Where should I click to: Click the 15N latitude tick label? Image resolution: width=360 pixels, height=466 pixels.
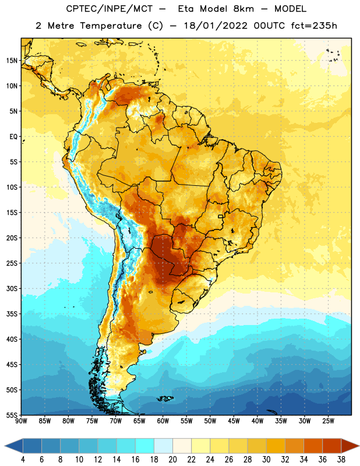point(12,61)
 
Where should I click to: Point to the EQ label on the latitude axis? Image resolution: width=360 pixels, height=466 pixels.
point(13,137)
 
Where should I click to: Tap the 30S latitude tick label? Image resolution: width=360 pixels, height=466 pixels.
point(12,288)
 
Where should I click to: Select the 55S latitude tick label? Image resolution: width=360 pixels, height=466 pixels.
point(12,415)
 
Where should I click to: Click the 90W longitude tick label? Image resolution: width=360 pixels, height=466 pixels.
point(21,421)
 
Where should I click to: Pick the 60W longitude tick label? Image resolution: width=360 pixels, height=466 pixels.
point(163,421)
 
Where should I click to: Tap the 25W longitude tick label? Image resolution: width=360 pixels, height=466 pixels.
point(328,421)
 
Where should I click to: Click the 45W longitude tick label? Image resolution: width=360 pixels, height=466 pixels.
point(234,421)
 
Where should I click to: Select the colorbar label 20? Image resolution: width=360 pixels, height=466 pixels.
point(172,460)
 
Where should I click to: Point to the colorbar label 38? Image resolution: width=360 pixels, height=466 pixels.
point(341,460)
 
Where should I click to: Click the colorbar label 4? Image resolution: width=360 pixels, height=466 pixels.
point(23,460)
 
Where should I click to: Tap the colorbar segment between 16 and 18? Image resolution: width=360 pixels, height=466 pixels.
point(145,446)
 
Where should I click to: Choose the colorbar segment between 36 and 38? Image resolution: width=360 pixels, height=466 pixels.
point(332,446)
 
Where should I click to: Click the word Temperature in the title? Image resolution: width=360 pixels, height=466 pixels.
point(111,26)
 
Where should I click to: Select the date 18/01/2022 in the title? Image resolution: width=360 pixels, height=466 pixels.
point(215,26)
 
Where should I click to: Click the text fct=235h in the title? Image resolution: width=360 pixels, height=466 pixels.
point(314,26)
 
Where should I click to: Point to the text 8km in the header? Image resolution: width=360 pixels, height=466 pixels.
point(243,9)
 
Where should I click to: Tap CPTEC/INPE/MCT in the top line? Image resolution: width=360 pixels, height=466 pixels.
point(109,9)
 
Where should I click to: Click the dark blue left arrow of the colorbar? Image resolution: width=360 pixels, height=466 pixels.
point(13,446)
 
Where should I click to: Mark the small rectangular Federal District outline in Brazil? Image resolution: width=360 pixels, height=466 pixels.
point(221,216)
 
